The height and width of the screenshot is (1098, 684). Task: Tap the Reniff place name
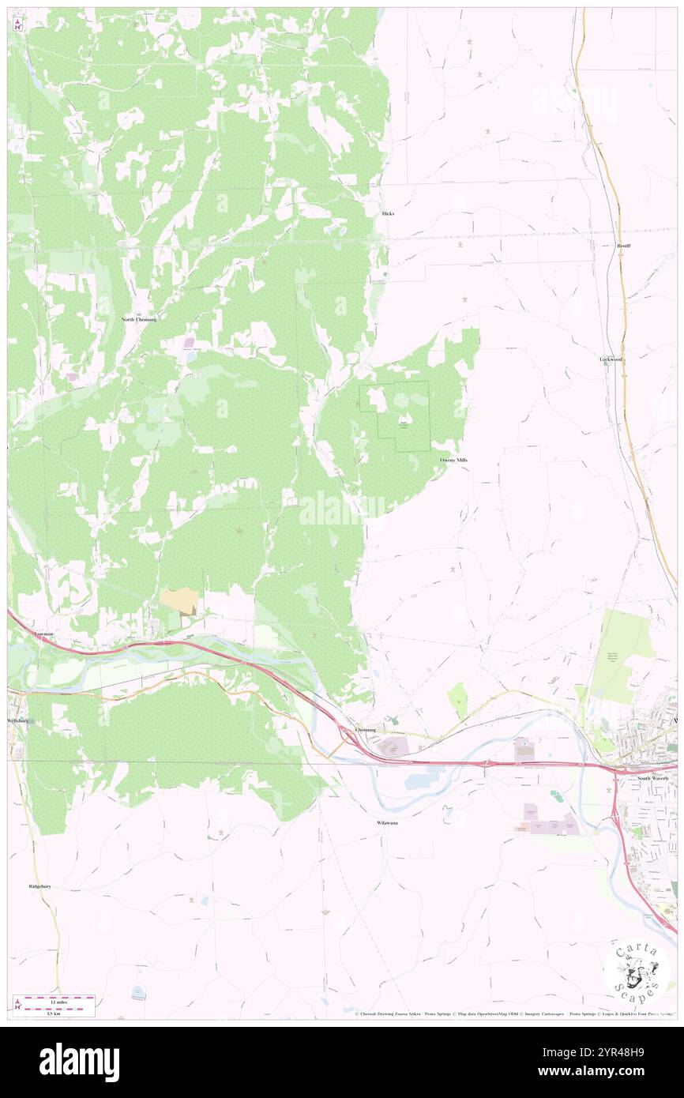[623, 246]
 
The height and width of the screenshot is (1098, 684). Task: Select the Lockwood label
[611, 359]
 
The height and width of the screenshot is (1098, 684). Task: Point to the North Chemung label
[139, 319]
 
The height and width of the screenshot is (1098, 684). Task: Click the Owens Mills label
[453, 460]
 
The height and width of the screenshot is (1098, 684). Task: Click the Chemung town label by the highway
[366, 729]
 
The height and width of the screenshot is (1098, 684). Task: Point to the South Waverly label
[653, 779]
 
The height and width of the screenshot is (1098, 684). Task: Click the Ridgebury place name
[39, 887]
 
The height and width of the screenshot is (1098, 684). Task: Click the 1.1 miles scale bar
[59, 998]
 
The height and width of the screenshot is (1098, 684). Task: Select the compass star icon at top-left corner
[18, 24]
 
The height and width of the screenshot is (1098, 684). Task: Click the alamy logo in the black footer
[79, 1062]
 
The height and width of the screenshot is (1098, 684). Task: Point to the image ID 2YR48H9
[601, 1053]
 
